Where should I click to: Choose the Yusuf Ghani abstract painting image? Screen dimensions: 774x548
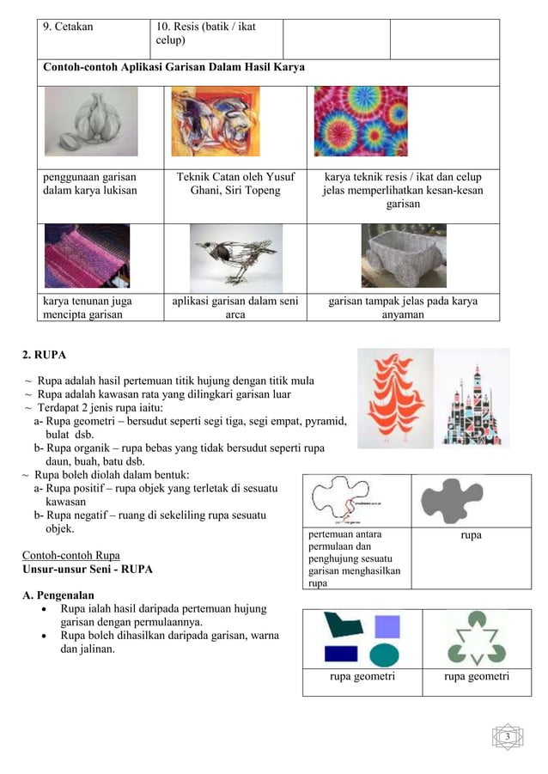[216, 122]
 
